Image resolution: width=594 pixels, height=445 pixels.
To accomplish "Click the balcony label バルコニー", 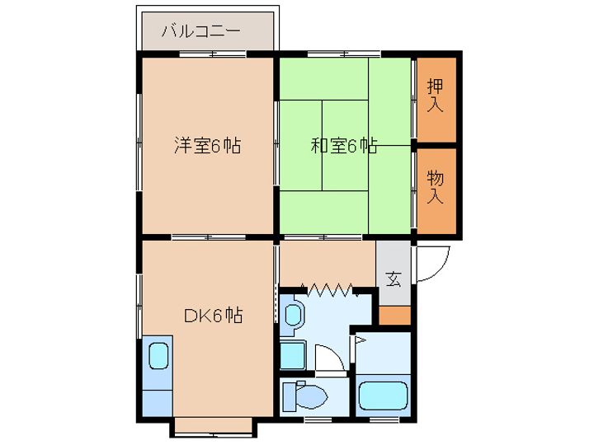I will click(200, 32).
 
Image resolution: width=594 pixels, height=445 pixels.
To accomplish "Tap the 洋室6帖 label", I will click(207, 147).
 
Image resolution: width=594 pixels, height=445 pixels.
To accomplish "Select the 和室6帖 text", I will click(344, 147).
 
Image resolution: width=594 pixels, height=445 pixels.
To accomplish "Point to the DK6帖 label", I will click(213, 316).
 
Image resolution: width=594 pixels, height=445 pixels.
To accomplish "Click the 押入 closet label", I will click(436, 96).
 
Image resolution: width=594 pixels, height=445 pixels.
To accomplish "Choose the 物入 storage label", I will click(436, 187).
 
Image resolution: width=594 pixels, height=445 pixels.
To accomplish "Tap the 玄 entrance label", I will click(394, 279).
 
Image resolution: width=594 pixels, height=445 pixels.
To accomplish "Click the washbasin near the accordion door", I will click(294, 314).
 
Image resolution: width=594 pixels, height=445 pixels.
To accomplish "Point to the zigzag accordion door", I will click(331, 288).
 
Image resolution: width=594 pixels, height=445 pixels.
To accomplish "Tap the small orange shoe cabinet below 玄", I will click(394, 315).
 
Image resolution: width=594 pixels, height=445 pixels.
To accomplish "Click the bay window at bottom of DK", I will click(213, 426).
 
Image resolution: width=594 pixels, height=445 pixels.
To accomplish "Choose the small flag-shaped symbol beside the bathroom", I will click(361, 339).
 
